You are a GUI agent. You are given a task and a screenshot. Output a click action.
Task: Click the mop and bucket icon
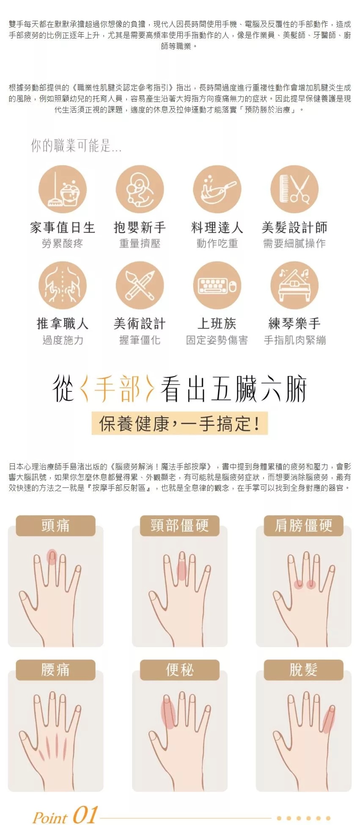pyautogui.click(x=63, y=189)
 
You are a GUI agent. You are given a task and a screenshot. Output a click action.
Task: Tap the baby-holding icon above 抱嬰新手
pyautogui.click(x=140, y=189)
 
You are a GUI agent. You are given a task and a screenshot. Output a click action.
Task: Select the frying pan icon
pyautogui.click(x=217, y=189)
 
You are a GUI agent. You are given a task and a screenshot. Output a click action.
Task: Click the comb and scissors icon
pyautogui.click(x=294, y=189)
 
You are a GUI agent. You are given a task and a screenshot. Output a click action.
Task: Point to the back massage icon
pyautogui.click(x=63, y=285)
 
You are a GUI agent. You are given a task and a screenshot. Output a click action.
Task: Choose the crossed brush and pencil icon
pyautogui.click(x=140, y=285)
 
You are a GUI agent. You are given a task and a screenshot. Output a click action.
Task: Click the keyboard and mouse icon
pyautogui.click(x=217, y=285)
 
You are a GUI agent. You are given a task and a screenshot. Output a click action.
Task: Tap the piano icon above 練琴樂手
pyautogui.click(x=294, y=285)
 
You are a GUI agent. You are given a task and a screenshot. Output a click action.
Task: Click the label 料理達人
pyautogui.click(x=217, y=228)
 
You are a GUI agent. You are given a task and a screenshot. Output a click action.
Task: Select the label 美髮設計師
pyautogui.click(x=294, y=228)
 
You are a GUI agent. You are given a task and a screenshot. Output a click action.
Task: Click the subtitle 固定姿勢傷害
pyautogui.click(x=217, y=340)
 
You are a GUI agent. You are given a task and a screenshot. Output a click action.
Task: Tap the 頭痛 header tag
pyautogui.click(x=55, y=525)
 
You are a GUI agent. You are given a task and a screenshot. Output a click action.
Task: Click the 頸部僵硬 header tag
pyautogui.click(x=180, y=525)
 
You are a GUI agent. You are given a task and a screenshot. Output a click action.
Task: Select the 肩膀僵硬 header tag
pyautogui.click(x=303, y=525)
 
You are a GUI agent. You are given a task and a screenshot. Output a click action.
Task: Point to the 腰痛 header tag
pyautogui.click(x=55, y=670)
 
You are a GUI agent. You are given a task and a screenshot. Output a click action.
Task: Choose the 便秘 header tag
pyautogui.click(x=180, y=670)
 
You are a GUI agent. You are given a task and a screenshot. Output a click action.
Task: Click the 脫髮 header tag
pyautogui.click(x=303, y=670)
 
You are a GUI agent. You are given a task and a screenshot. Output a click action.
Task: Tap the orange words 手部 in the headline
pyautogui.click(x=117, y=388)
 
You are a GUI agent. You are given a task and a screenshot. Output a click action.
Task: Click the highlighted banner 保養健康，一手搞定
pyautogui.click(x=180, y=423)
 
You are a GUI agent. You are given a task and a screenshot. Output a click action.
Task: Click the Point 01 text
pyautogui.click(x=66, y=815)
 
